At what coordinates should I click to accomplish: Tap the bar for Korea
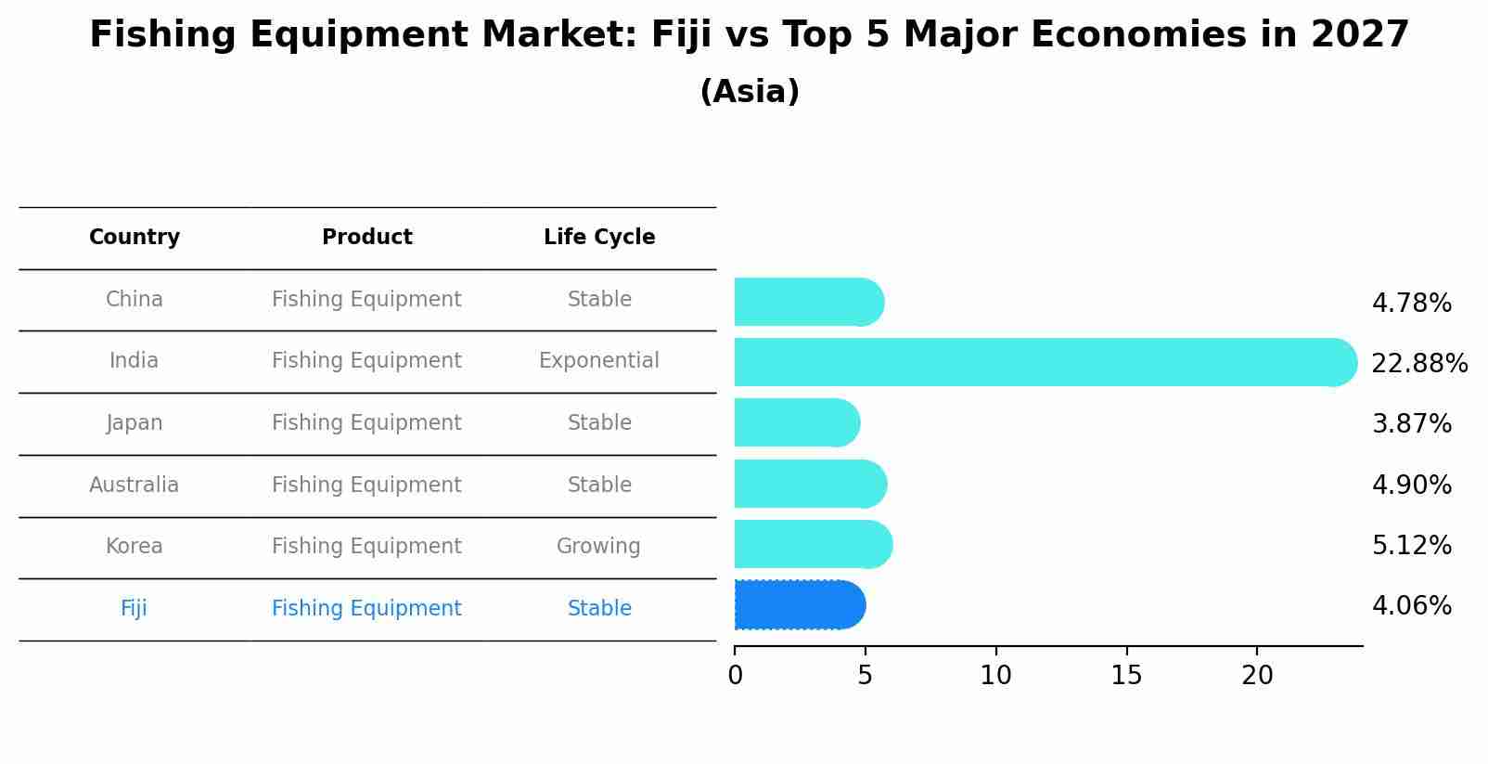(813, 545)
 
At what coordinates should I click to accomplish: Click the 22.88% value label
(1418, 363)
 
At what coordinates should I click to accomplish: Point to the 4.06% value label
(1411, 606)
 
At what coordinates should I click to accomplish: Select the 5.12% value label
(1411, 545)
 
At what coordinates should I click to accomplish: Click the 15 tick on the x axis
(1126, 676)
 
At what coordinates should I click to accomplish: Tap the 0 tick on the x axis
(735, 676)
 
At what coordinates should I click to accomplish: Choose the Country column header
(135, 238)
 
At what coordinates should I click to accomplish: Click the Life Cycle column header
(599, 238)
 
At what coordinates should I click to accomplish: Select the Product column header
(366, 238)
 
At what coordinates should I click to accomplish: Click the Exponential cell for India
(598, 361)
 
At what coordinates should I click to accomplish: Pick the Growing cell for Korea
(598, 547)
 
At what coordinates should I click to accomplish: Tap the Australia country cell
(135, 485)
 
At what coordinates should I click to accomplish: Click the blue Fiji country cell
(134, 608)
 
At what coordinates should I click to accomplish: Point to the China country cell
(135, 300)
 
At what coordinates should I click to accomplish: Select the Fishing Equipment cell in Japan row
(366, 423)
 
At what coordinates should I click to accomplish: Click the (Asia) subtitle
(750, 92)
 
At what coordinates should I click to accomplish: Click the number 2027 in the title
(1359, 35)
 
